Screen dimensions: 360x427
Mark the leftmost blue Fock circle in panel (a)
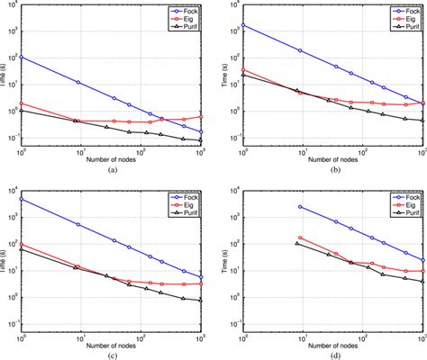(21, 57)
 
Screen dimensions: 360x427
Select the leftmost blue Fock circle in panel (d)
(298, 206)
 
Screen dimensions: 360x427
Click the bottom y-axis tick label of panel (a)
(11, 139)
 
